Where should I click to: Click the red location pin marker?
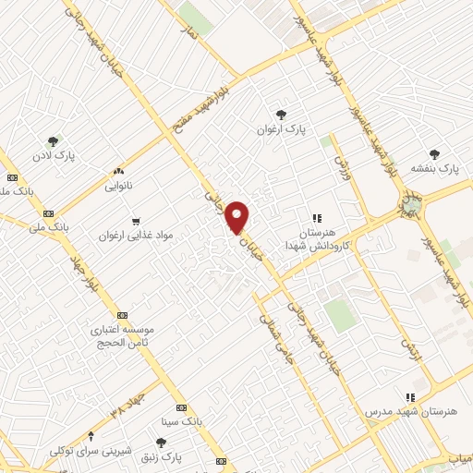point(238,217)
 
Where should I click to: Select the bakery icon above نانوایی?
point(117,171)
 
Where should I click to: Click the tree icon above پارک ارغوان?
point(281,115)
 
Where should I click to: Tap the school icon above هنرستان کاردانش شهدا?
point(318,219)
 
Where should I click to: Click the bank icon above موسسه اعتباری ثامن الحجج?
point(124,314)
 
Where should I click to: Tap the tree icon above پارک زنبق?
point(162,443)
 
